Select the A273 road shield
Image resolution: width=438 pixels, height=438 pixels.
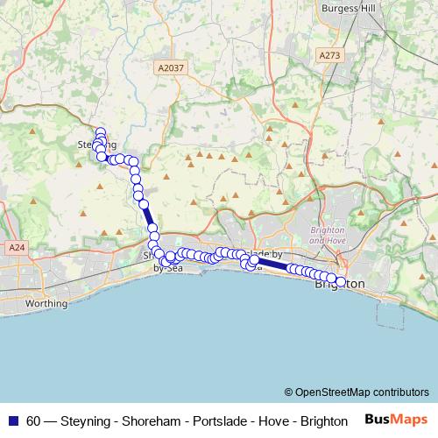coord(330,54)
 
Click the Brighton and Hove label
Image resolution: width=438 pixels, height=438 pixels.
coord(328,235)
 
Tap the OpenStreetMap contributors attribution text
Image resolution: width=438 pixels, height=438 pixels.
coord(361,392)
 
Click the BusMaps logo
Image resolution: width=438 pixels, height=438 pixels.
coord(396,420)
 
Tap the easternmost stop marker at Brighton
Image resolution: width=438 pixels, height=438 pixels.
coord(341,282)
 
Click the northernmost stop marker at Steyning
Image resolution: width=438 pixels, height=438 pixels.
coord(100,133)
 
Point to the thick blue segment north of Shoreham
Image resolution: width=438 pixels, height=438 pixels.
coord(148,215)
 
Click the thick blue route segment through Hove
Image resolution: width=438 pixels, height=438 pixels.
coord(272,264)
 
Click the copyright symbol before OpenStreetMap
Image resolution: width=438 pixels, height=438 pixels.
coord(288,392)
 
